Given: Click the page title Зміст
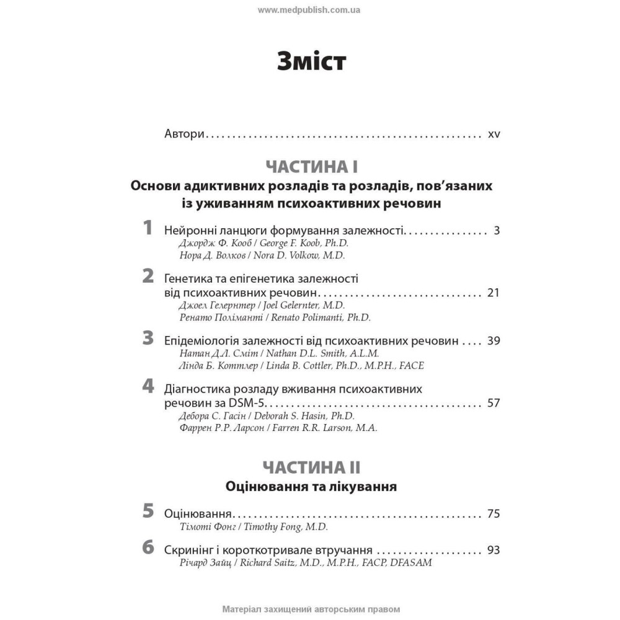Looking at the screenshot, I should [311, 63].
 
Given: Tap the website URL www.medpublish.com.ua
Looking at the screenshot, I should [309, 10].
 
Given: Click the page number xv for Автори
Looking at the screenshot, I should [494, 134].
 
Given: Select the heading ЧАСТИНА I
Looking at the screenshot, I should [311, 167].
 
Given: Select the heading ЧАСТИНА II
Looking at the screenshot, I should [311, 467].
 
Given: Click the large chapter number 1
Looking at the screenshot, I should [148, 228].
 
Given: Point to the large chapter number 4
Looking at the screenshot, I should [148, 387].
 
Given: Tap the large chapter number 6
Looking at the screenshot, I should [148, 547].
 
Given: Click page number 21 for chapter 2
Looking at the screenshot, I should [494, 293].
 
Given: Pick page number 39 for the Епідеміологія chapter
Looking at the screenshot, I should [494, 341].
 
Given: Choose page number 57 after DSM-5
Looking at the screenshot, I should [494, 403].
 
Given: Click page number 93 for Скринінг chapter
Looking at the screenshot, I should [494, 550].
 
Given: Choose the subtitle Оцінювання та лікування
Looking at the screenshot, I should [311, 487].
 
